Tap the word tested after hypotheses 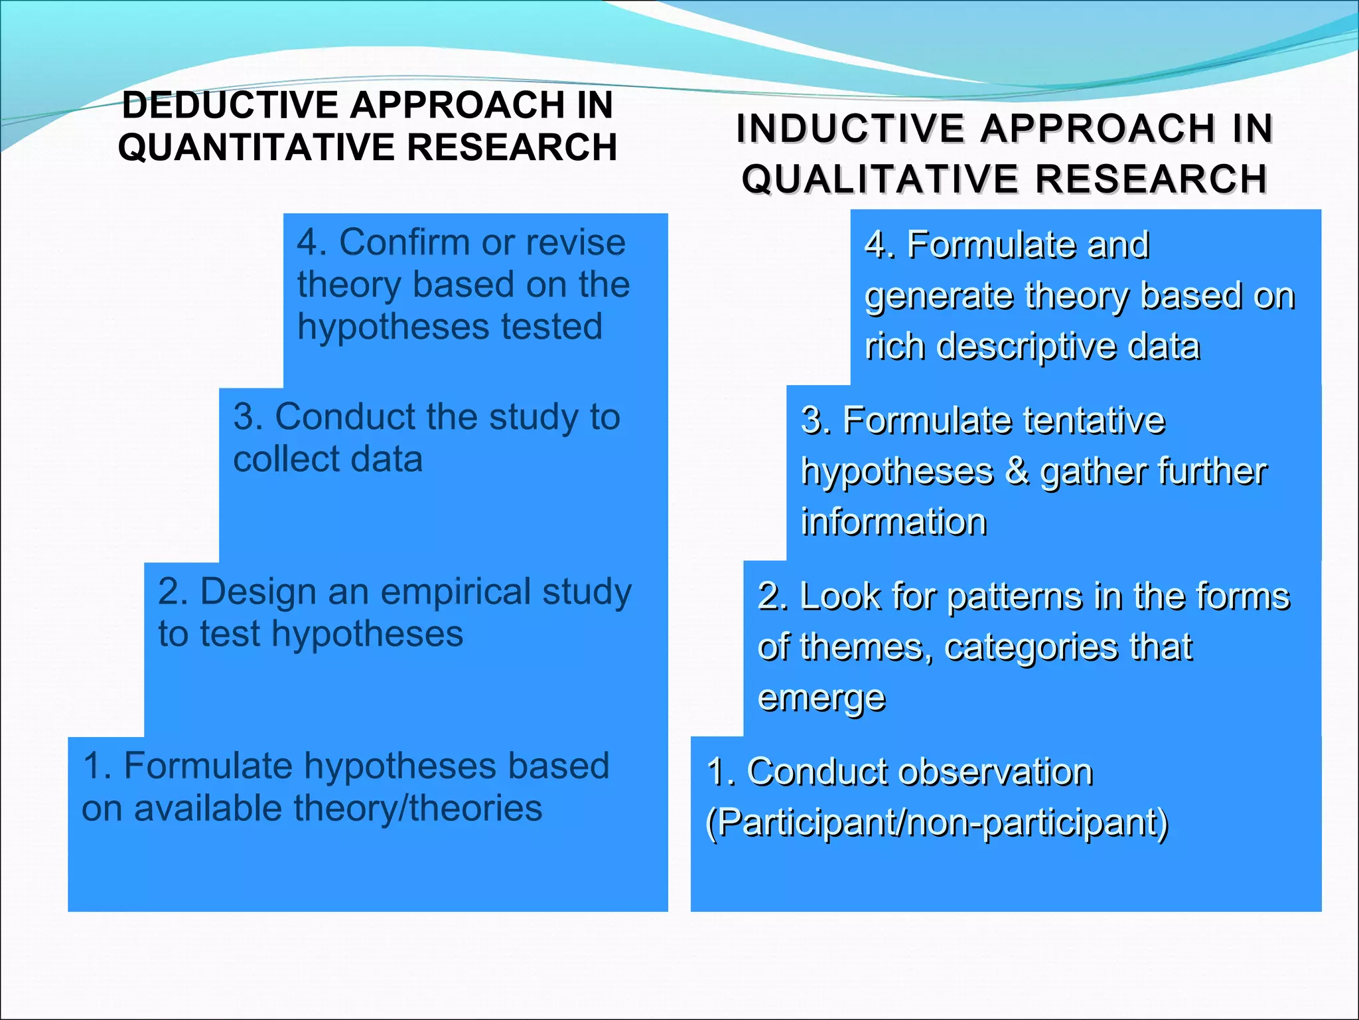(x=551, y=326)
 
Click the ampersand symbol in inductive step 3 (x=1016, y=471)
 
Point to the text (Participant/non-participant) (x=936, y=823)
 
